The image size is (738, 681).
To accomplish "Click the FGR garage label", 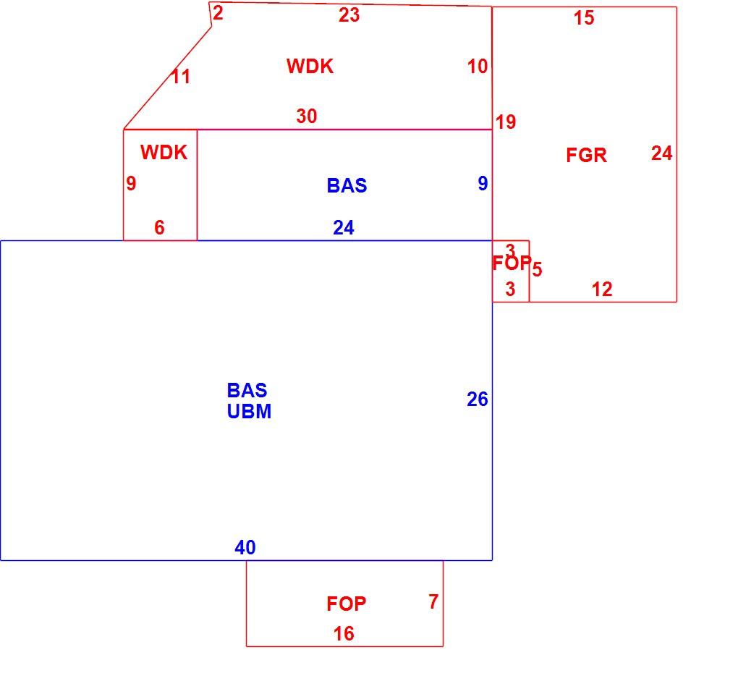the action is tap(586, 156).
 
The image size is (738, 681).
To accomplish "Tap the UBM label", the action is tap(249, 411).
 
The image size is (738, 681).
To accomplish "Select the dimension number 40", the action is tap(245, 547).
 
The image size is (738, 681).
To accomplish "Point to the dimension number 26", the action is tap(478, 399).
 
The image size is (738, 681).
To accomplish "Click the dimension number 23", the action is tap(349, 15).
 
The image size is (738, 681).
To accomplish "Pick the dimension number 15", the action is tap(584, 18).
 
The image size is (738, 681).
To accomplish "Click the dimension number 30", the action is tap(306, 116).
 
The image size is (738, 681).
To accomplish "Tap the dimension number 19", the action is tap(506, 122).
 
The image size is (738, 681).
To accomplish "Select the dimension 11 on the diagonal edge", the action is tap(181, 76).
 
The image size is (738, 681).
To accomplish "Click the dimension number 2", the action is tap(218, 13).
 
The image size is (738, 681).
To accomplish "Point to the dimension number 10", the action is tap(478, 67).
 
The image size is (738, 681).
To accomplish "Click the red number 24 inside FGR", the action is tap(662, 153).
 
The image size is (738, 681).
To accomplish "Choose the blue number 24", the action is tap(344, 228).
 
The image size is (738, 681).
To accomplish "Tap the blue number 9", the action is tap(483, 183).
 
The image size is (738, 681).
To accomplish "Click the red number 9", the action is tap(131, 183).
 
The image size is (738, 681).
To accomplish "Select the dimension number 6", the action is tap(160, 228).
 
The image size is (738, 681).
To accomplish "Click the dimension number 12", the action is tap(602, 289).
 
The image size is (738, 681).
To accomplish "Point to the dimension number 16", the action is tap(344, 633).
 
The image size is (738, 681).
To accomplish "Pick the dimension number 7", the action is tap(433, 601).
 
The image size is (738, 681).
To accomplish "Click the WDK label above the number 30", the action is tap(310, 67).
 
